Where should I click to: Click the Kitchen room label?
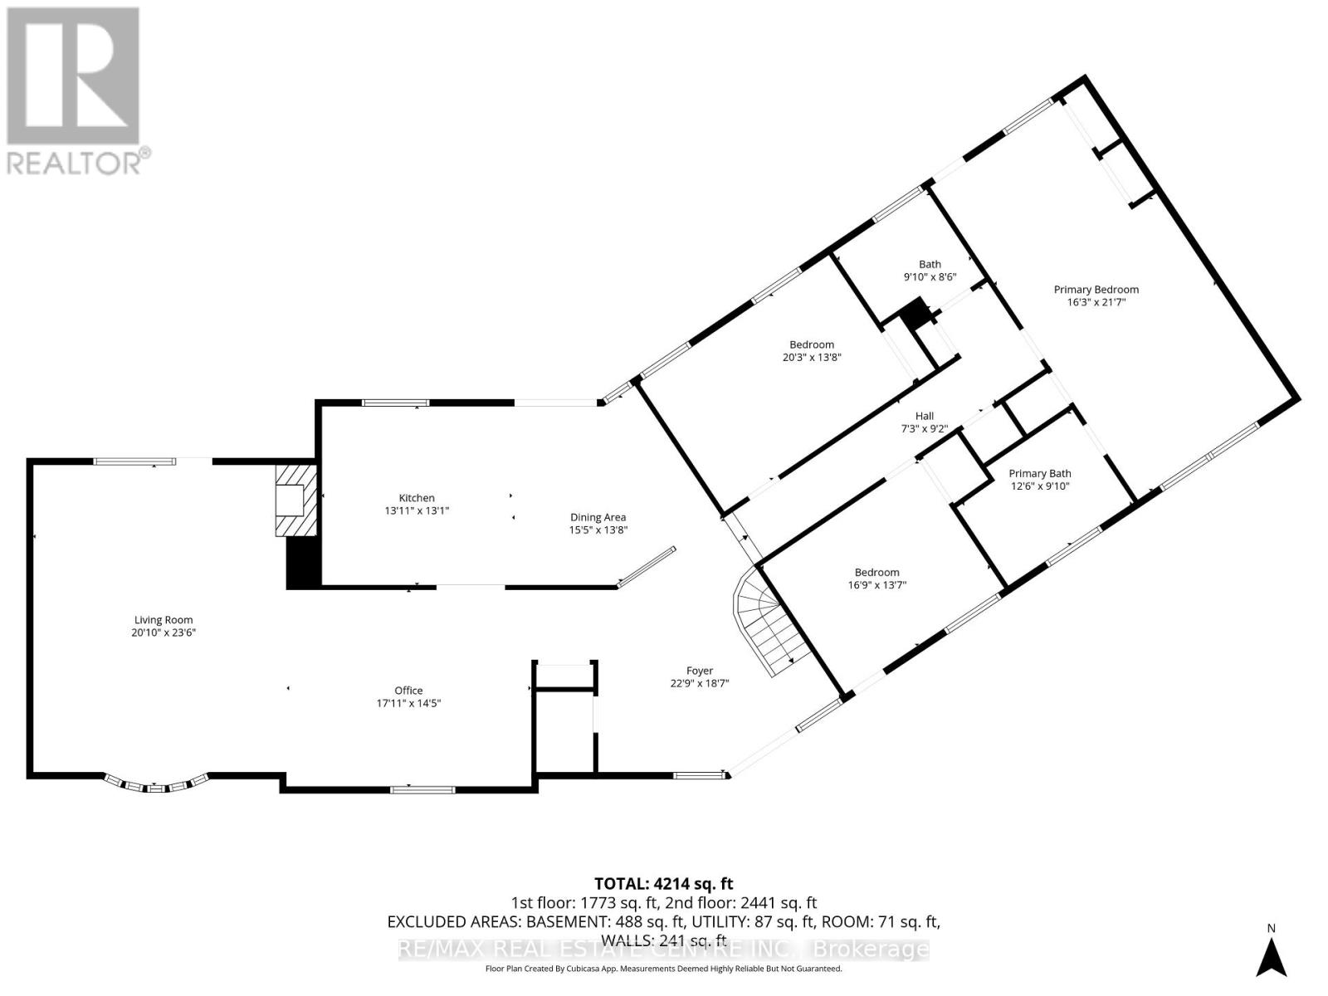pos(417,498)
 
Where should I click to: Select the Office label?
pos(408,690)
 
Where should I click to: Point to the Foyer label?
pos(700,670)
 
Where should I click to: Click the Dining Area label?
pos(598,517)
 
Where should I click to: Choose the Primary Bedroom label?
pos(1096,289)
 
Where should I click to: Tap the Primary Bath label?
pos(1039,473)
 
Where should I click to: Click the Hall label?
pos(924,416)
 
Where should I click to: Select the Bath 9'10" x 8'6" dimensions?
pos(930,277)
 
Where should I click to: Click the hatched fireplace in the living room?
pos(296,500)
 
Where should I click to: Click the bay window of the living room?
pos(157,784)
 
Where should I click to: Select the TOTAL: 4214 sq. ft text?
pos(664,883)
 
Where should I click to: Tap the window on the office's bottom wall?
pos(422,789)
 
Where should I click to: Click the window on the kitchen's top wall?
pos(396,403)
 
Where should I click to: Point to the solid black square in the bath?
pos(913,313)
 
